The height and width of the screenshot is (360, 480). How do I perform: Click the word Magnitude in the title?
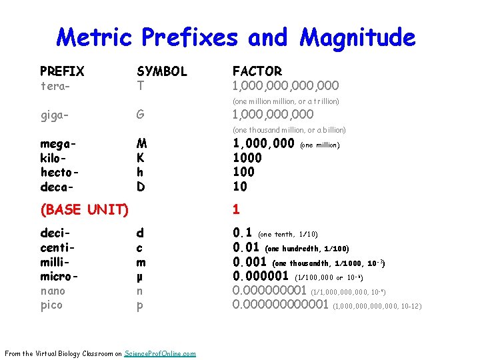358,37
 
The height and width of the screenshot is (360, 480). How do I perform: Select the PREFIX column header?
62,71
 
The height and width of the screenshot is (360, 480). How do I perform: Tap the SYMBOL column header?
162,71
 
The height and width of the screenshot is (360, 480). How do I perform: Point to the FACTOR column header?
257,71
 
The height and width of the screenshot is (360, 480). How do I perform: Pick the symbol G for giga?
141,115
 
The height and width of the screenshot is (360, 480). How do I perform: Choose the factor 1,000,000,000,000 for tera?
285,85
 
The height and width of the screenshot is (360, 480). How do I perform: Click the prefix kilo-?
54,157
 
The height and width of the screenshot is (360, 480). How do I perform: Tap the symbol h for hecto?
140,172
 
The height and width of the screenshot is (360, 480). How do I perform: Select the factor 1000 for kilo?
247,158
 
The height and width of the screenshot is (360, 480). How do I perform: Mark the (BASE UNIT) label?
84,209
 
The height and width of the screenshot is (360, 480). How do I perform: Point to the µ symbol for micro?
140,276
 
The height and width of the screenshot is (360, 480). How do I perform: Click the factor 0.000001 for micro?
260,276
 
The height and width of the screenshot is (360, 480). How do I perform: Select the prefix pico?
51,305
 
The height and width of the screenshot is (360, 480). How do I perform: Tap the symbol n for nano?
140,291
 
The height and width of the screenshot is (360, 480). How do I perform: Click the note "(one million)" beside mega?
321,145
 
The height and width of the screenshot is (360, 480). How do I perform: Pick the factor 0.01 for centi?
245,247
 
